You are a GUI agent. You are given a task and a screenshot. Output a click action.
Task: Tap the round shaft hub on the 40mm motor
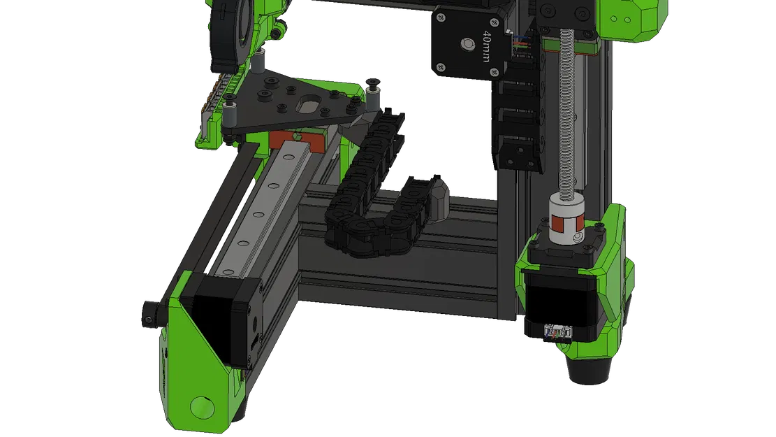point(464,44)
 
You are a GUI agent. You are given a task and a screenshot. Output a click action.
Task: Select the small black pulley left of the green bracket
point(150,312)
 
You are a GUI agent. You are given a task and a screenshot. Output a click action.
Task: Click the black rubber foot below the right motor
point(594,368)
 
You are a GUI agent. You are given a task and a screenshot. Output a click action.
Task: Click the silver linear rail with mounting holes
point(258,210)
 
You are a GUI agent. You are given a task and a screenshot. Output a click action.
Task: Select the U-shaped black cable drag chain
point(367,210)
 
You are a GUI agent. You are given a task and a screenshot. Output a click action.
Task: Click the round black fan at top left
point(230,28)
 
